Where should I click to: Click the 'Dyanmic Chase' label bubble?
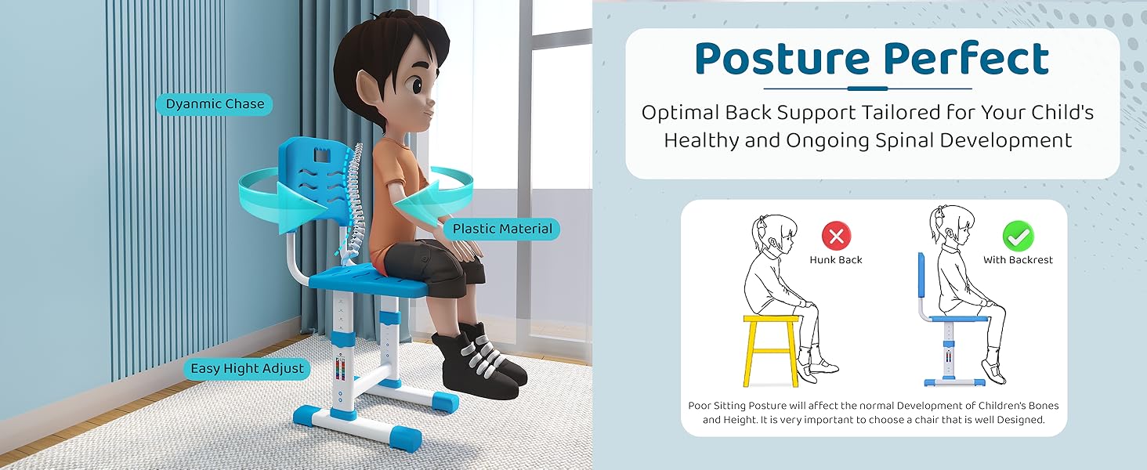[214, 104]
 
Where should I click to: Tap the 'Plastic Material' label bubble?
[501, 229]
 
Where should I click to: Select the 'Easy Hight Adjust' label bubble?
[247, 368]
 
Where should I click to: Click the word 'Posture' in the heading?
[782, 59]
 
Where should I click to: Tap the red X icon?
[836, 236]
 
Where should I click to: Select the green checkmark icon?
[1018, 236]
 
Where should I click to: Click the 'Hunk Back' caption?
[836, 260]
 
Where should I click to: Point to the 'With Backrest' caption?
[1018, 260]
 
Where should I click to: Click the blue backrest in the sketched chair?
[921, 275]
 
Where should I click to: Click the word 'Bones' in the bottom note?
[1042, 406]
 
